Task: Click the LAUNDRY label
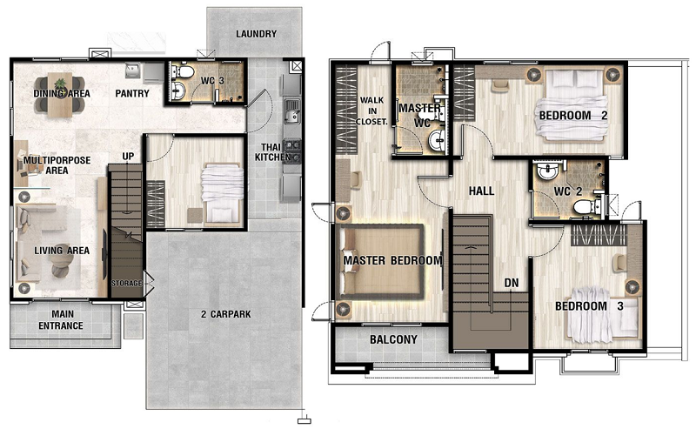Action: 256,34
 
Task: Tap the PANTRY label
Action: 132,93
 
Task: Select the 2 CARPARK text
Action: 225,314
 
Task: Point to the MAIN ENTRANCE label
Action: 61,319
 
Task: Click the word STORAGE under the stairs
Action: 126,283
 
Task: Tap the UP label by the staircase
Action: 128,157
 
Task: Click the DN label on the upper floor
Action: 512,283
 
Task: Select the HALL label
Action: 482,191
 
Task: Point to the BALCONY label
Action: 394,339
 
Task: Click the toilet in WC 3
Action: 183,71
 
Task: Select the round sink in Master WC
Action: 438,141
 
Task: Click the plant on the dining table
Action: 59,84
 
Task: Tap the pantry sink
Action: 132,70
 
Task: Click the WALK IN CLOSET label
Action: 372,111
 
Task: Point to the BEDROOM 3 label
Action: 589,306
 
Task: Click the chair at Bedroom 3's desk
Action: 619,263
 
